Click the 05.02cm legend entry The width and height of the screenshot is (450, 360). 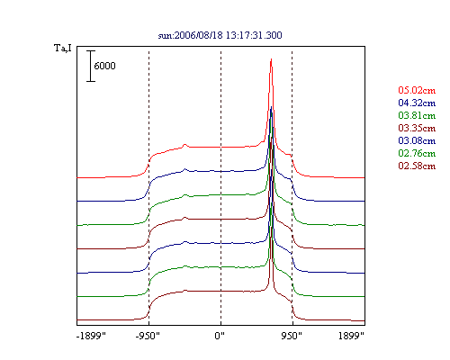[417, 90]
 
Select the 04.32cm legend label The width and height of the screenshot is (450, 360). [417, 103]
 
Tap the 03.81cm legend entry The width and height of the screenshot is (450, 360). [417, 115]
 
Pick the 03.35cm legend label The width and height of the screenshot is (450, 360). [417, 128]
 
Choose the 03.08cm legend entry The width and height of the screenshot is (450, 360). [417, 140]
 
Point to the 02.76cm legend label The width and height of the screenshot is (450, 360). [417, 153]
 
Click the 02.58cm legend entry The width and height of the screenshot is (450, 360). [417, 166]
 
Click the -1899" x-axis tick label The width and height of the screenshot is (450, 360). [91, 336]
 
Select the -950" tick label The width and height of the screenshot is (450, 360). [148, 336]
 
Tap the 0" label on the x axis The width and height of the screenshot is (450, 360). [220, 336]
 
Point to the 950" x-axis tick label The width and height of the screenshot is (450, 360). [292, 336]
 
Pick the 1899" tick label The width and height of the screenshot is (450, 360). [351, 336]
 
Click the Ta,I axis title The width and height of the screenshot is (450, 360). [63, 48]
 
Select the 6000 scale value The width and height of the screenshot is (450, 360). [104, 66]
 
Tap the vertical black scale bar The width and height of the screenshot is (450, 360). [91, 66]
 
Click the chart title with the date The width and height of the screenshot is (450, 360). [220, 35]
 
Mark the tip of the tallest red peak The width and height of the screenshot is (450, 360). [271, 58]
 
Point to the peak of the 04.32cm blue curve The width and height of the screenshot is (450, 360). [272, 106]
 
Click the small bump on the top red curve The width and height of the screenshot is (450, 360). [184, 145]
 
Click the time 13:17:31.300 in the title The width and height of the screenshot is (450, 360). [254, 35]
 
